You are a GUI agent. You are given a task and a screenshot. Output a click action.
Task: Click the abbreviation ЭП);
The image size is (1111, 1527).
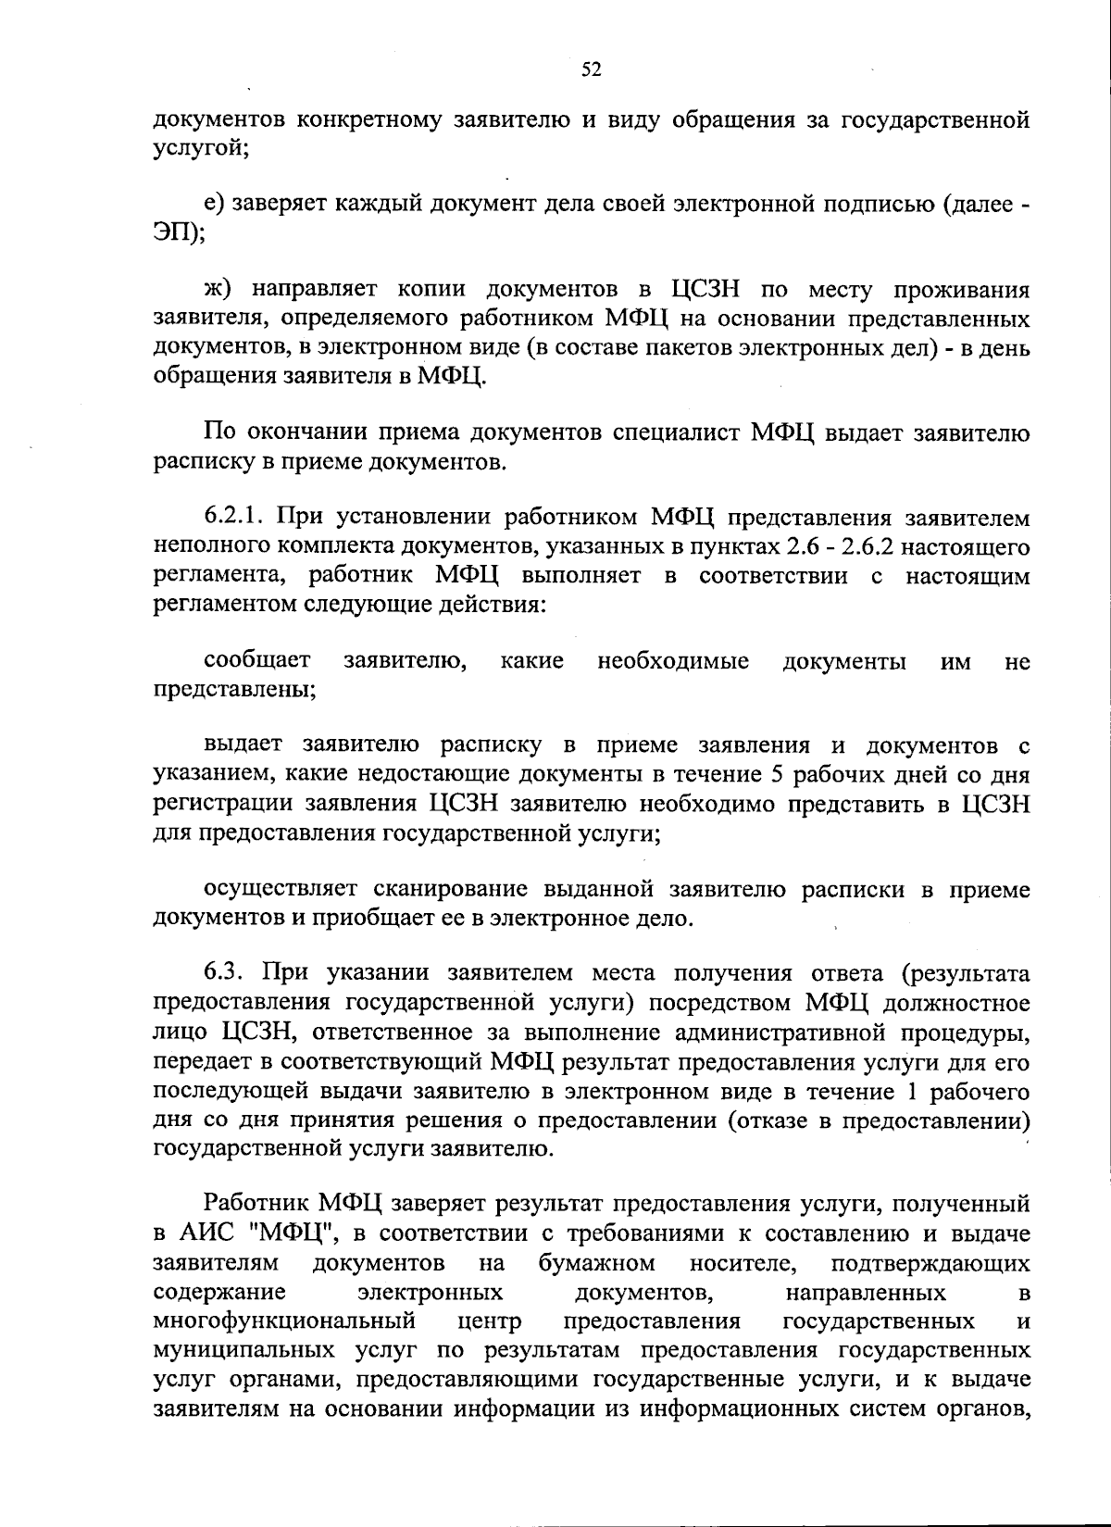pyautogui.click(x=180, y=233)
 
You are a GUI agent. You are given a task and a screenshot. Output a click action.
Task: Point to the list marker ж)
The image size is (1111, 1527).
pyautogui.click(x=218, y=290)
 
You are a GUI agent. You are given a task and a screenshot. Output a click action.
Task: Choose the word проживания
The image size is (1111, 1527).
pyautogui.click(x=962, y=290)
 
